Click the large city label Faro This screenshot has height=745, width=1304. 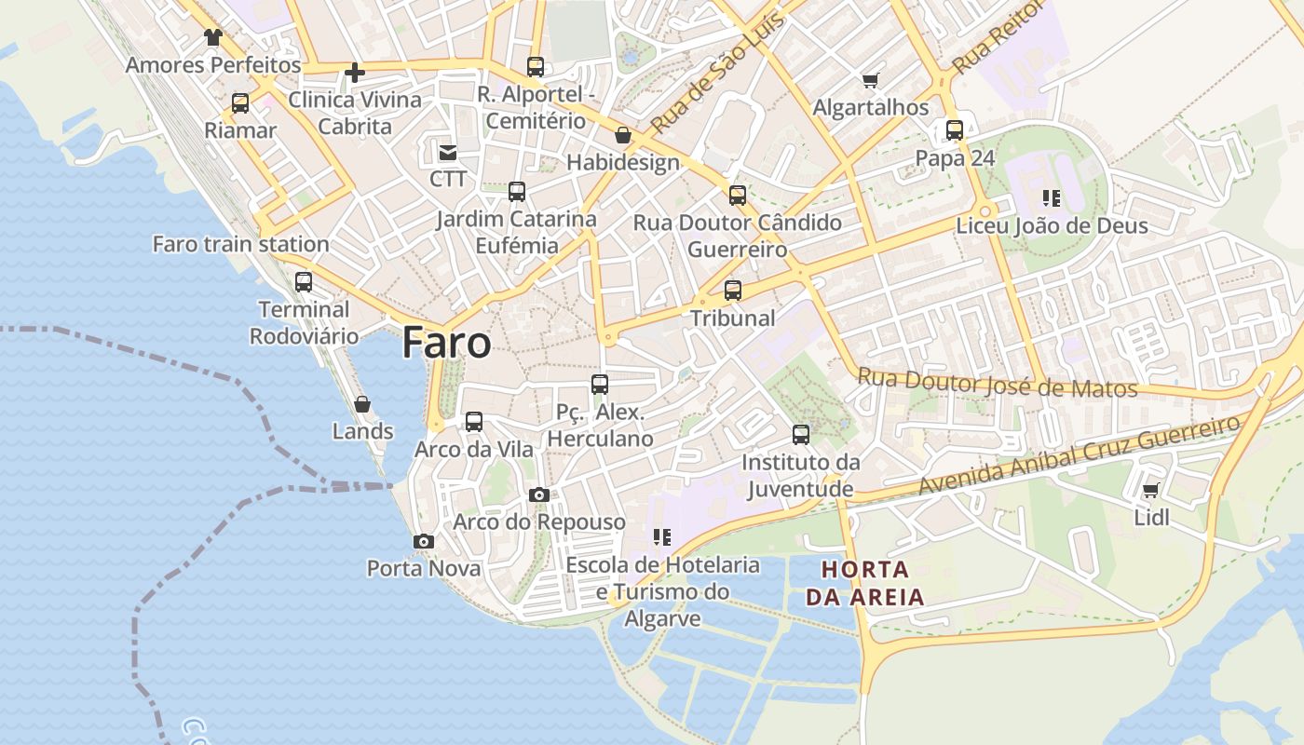(x=446, y=343)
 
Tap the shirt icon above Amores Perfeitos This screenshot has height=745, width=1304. (x=213, y=38)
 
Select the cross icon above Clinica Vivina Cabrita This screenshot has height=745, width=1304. (x=354, y=72)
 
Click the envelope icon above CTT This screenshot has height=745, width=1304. (x=448, y=151)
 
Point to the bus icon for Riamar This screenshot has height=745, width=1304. (x=240, y=103)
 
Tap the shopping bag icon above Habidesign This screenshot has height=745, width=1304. (x=622, y=136)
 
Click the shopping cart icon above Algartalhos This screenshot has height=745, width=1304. (x=871, y=81)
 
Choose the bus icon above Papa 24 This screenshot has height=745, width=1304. (x=955, y=130)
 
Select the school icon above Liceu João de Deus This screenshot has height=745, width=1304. (x=1052, y=197)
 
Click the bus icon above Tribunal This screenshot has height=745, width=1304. (x=733, y=291)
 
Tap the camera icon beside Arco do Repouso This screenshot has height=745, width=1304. (x=538, y=494)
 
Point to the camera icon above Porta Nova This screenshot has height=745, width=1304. (x=424, y=541)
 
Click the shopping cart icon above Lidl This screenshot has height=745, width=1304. (x=1151, y=491)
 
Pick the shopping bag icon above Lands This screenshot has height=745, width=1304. (x=362, y=404)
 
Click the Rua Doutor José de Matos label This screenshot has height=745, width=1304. (x=997, y=384)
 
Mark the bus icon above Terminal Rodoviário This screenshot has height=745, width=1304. (x=304, y=281)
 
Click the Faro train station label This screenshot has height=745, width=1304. (x=240, y=244)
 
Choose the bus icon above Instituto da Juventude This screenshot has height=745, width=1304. (x=801, y=434)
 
